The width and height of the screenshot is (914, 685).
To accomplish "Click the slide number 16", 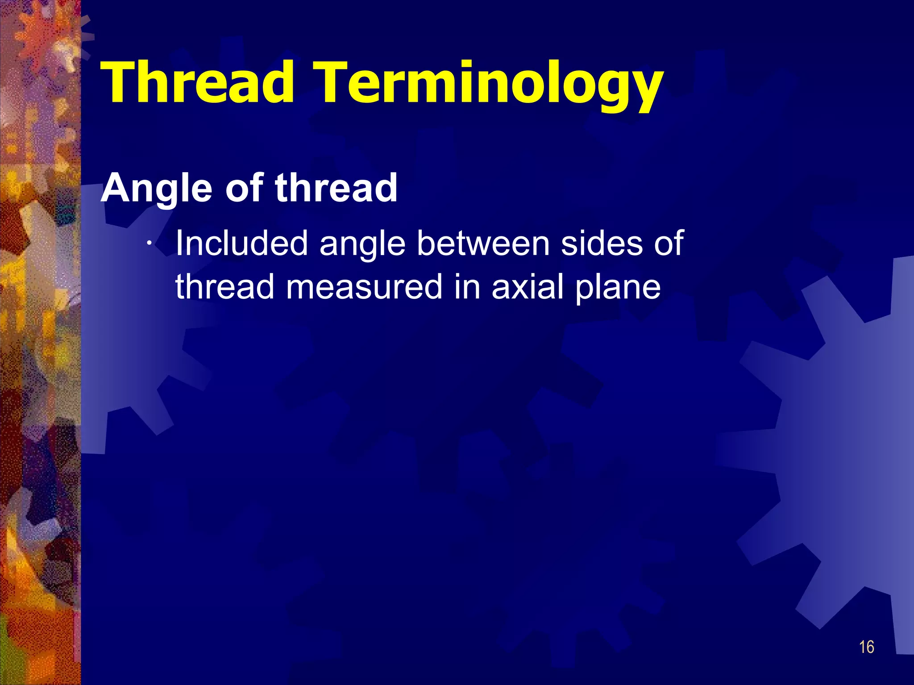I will click(866, 647).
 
